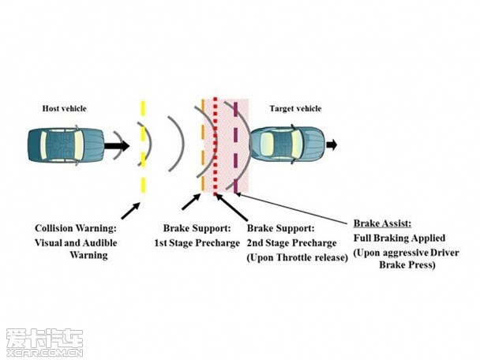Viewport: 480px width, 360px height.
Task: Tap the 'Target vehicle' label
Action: pos(295,107)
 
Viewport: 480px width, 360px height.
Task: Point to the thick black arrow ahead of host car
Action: pos(118,146)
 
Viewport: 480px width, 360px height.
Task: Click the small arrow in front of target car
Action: pos(331,144)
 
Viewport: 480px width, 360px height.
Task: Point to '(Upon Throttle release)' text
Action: pos(297,257)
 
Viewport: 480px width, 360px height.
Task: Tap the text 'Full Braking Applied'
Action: pos(399,238)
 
